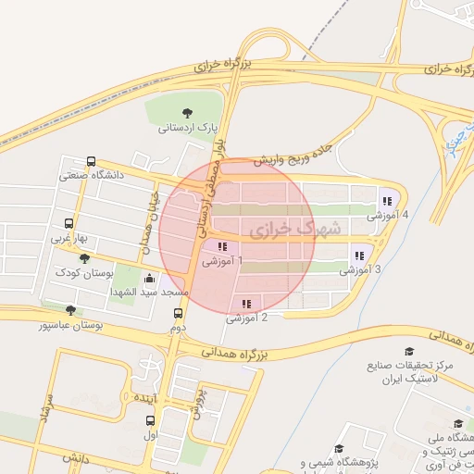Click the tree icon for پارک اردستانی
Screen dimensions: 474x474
pyautogui.click(x=189, y=113)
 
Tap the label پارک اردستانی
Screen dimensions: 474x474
pyautogui.click(x=189, y=128)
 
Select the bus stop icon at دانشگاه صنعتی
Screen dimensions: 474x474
pyautogui.click(x=91, y=161)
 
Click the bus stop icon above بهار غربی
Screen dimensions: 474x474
pyautogui.click(x=69, y=223)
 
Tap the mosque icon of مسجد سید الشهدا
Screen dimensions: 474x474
pyautogui.click(x=150, y=278)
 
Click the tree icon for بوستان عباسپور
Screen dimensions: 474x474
pyautogui.click(x=70, y=310)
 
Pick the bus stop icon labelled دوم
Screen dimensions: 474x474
pyautogui.click(x=178, y=313)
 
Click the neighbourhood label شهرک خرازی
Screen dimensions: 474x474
pyautogui.click(x=295, y=227)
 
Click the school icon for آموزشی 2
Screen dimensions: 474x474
pyautogui.click(x=246, y=304)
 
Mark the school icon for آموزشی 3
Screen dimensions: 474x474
pyautogui.click(x=358, y=256)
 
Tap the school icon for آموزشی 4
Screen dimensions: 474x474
pyautogui.click(x=386, y=201)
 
